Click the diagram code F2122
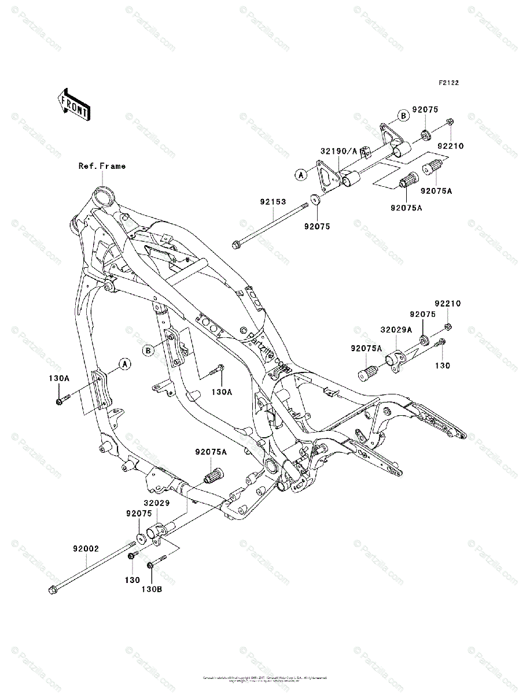click(448, 83)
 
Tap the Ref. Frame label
click(102, 166)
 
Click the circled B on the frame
click(149, 350)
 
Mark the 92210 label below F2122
click(451, 147)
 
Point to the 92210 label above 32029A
click(448, 303)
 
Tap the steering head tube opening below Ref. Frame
click(104, 192)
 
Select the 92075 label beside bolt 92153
click(317, 227)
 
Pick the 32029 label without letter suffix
click(157, 503)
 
